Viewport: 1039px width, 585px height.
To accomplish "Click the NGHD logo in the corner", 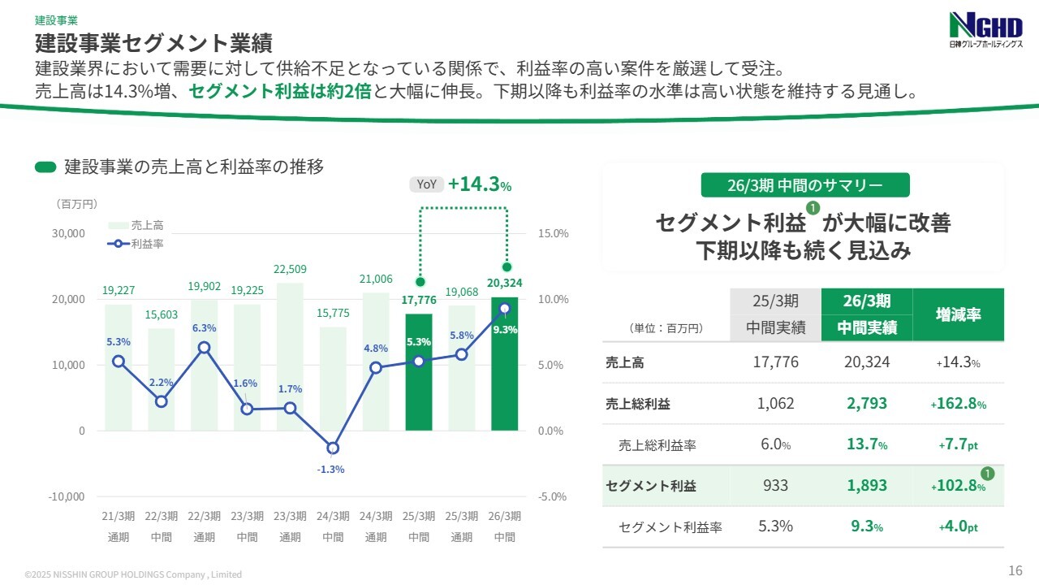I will pyautogui.click(x=984, y=32).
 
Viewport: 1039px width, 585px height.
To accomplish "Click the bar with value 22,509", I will pyautogui.click(x=290, y=357).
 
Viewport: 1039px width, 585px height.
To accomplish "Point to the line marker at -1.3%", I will pyautogui.click(x=333, y=448).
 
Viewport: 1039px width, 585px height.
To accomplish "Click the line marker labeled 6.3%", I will pyautogui.click(x=205, y=348).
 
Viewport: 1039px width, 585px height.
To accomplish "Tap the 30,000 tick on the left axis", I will pyautogui.click(x=69, y=233).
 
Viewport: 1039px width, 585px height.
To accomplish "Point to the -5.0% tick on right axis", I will pyautogui.click(x=553, y=496).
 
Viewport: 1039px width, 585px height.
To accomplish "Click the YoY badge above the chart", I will pyautogui.click(x=426, y=184).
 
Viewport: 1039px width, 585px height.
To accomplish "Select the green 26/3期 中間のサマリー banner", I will pyautogui.click(x=804, y=185).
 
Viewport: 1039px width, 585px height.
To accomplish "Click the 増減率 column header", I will pyautogui.click(x=958, y=314).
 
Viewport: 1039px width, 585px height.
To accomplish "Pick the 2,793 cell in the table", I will pyautogui.click(x=867, y=403).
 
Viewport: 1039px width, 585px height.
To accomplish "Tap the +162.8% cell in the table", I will pyautogui.click(x=959, y=403).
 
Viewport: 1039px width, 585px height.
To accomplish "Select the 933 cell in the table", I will pyautogui.click(x=775, y=486).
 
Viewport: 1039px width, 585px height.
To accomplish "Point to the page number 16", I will pyautogui.click(x=1015, y=570).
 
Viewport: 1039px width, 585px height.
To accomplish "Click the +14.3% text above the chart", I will pyautogui.click(x=479, y=184).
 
